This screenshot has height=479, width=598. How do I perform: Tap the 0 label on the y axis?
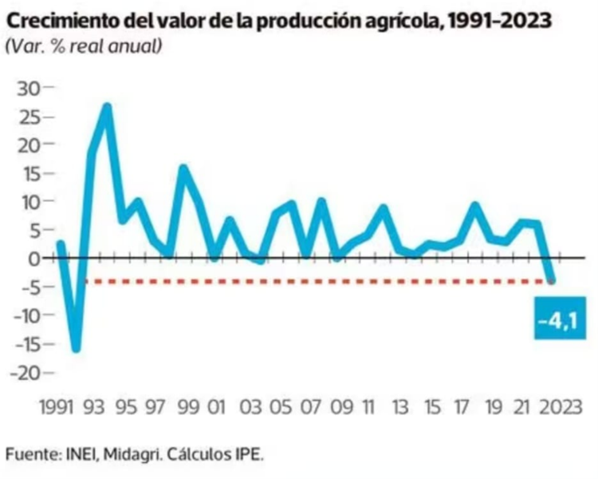pos(33,258)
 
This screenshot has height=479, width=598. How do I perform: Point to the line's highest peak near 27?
pos(107,106)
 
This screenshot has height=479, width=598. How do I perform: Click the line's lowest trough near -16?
pos(77,349)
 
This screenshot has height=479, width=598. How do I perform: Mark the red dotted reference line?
pos(319,281)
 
